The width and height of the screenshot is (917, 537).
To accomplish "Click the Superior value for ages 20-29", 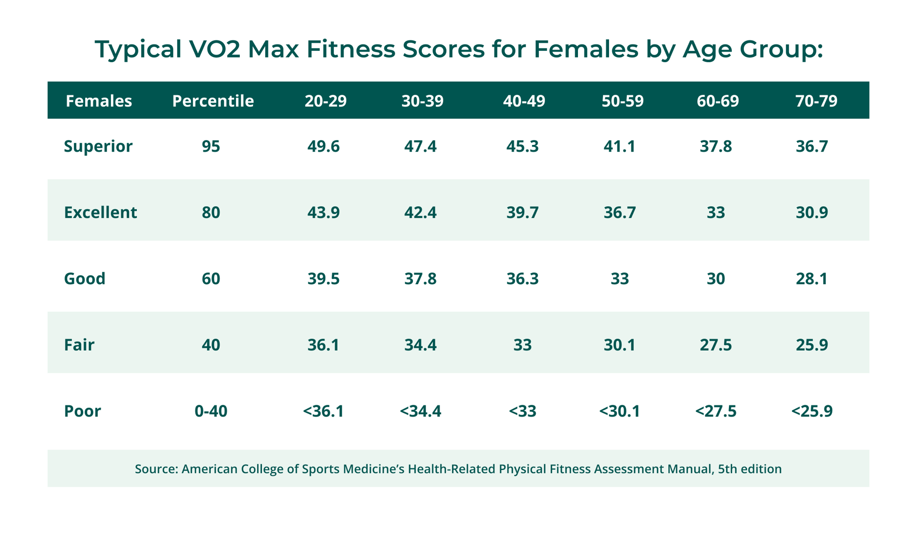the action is point(324,146).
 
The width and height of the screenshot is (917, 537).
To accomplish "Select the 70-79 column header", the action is point(816,101).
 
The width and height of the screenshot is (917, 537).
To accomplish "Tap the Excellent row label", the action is point(100,212).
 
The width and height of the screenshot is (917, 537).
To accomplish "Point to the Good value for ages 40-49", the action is point(522,279).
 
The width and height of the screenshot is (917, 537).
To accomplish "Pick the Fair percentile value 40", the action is point(211,345).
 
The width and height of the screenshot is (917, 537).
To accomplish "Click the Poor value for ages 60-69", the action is point(716,411).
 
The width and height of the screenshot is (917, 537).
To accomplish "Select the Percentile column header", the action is point(213,101).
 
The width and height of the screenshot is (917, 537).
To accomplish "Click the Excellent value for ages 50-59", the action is point(620,212).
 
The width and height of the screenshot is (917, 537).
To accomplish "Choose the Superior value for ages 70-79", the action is point(812,146).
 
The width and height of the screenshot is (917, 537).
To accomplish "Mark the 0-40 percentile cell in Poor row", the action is point(211,411).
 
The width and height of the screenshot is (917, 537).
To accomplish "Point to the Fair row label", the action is point(79,345).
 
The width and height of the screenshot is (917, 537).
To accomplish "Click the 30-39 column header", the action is point(422,101).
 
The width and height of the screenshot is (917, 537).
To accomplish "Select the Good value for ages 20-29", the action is point(324,279).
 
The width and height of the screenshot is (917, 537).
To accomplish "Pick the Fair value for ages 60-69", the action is point(716,345).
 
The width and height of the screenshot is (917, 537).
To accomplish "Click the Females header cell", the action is point(99,101).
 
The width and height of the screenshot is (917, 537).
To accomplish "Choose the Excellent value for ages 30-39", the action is point(420,212).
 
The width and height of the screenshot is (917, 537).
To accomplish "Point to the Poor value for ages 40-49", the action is point(522,411).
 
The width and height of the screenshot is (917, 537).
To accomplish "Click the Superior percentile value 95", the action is point(211,146).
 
